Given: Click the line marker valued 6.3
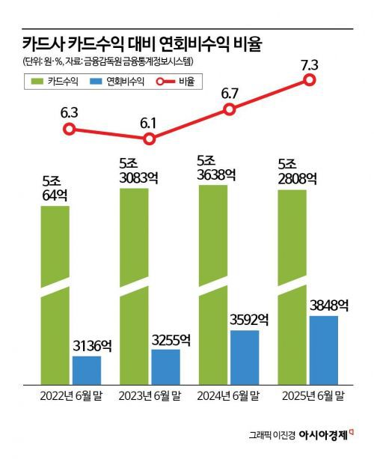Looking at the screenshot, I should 69,129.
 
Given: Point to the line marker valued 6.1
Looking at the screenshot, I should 150,139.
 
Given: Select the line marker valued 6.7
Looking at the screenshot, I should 230,110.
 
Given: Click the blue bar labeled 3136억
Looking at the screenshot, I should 87,368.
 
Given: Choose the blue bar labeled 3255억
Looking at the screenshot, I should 166,365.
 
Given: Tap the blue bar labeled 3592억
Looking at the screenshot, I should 245,356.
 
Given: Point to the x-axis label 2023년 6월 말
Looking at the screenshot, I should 149,395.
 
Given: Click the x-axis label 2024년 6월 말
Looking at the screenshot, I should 228,395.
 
